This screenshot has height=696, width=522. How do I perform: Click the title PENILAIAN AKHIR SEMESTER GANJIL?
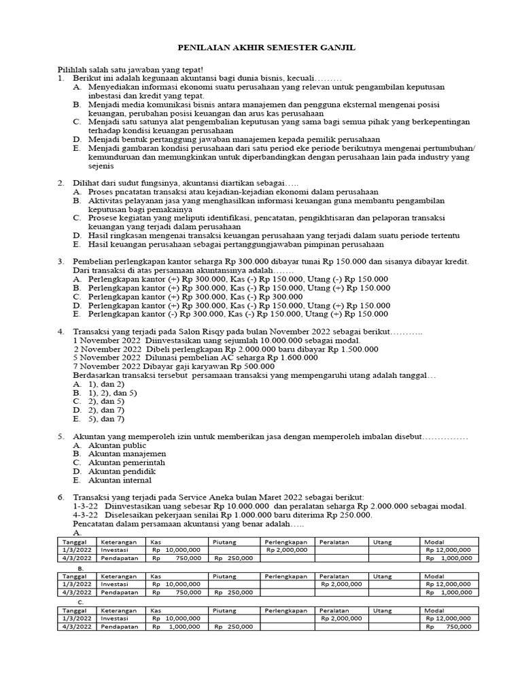click(x=266, y=48)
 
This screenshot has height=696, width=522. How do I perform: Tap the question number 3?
click(x=60, y=262)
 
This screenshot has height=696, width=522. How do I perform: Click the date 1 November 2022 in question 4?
click(x=106, y=340)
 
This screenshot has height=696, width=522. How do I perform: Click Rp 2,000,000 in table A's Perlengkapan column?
click(x=287, y=550)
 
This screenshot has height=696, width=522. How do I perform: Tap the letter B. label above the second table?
click(x=80, y=567)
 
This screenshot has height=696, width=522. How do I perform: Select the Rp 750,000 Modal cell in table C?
click(x=448, y=626)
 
